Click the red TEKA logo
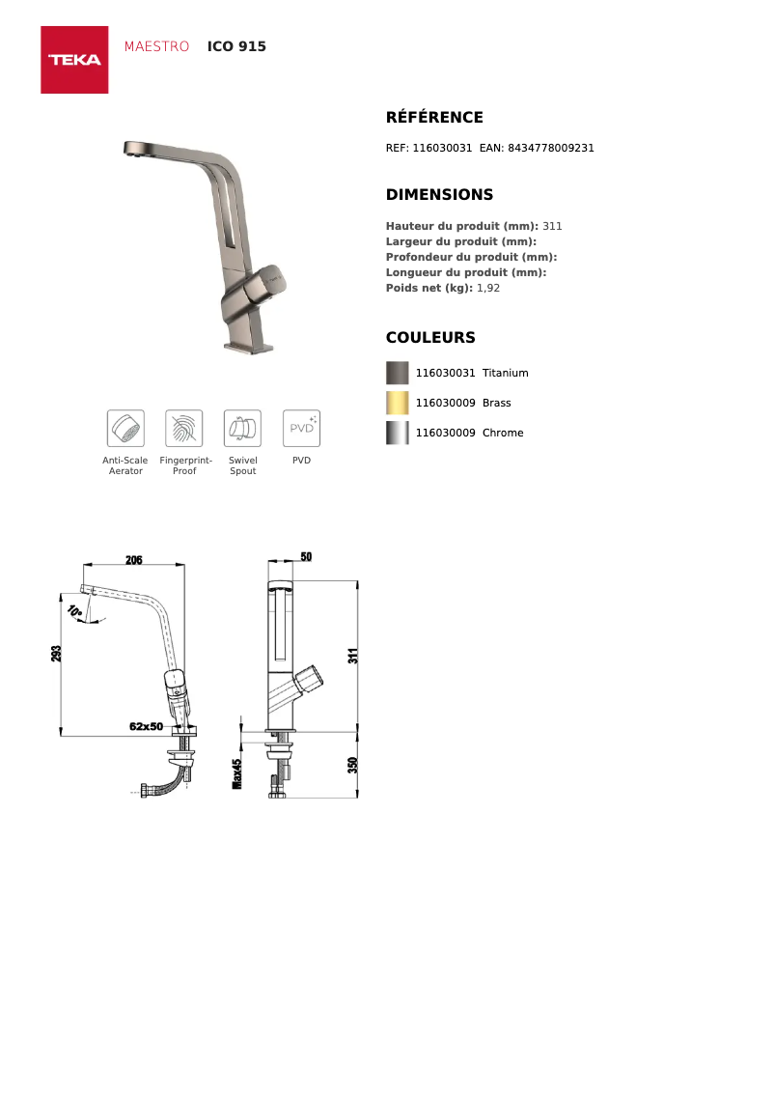74,60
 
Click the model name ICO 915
236,46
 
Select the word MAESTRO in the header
156,46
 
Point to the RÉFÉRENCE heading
434,118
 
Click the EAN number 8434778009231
550,149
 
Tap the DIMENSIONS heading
439,195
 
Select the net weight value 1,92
488,288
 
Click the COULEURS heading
430,338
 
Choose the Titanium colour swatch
398,373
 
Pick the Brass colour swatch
398,403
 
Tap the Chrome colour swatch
398,433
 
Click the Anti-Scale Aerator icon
125,428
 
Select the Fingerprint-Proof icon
184,428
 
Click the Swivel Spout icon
242,428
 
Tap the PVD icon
301,428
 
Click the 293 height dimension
56,655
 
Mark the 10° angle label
75,611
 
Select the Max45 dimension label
236,773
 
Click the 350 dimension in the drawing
353,765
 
